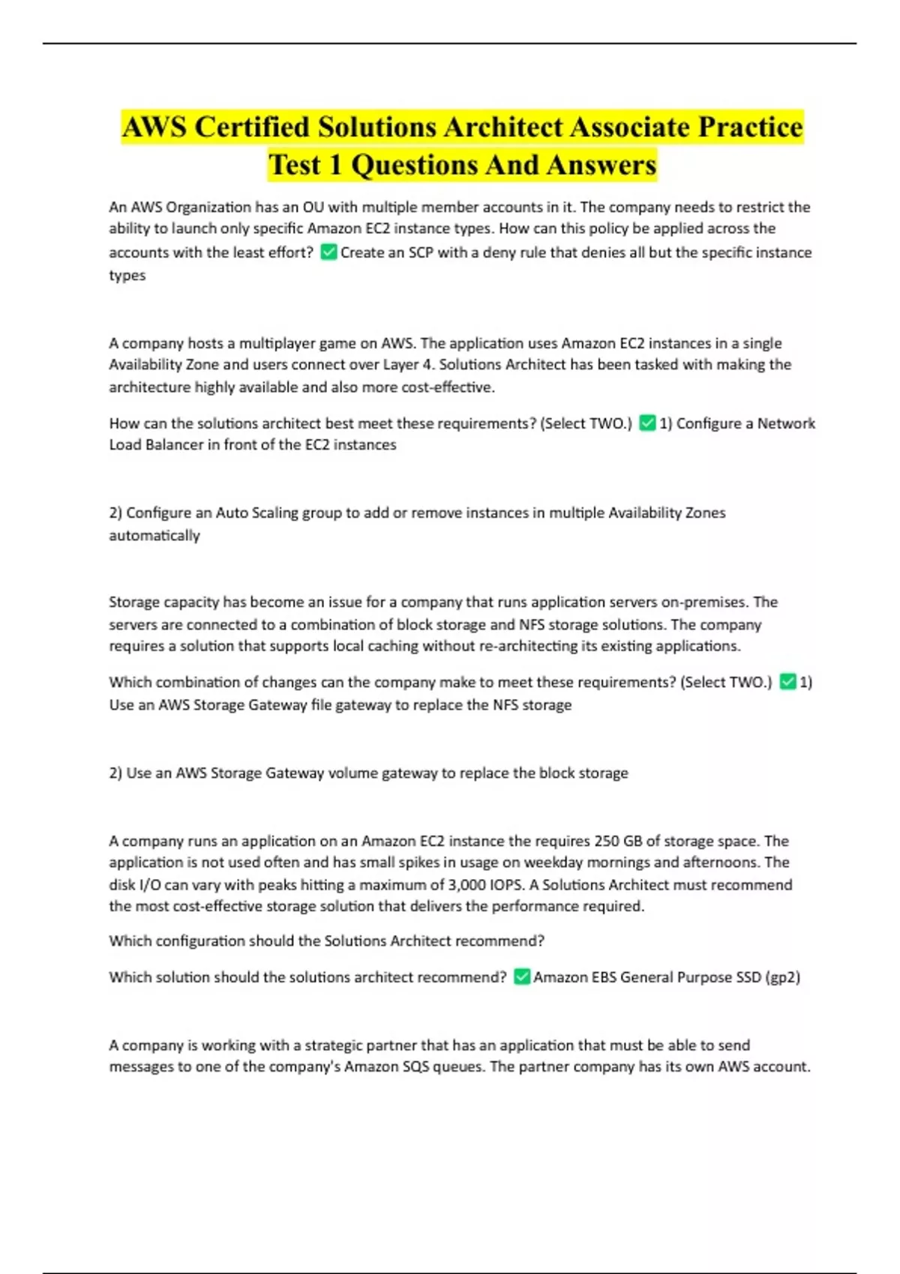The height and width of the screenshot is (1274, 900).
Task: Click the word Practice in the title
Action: point(750,127)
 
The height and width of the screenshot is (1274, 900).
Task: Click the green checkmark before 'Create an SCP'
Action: point(328,253)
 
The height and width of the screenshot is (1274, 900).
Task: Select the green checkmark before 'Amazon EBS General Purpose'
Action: point(522,977)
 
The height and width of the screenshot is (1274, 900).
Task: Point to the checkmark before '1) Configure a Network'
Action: point(647,423)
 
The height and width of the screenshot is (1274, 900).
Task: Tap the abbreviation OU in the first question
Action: point(313,207)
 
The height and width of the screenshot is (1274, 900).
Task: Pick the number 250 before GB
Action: point(607,841)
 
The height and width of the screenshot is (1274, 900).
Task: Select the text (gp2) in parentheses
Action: point(783,977)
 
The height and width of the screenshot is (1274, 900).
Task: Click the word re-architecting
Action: point(527,646)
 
